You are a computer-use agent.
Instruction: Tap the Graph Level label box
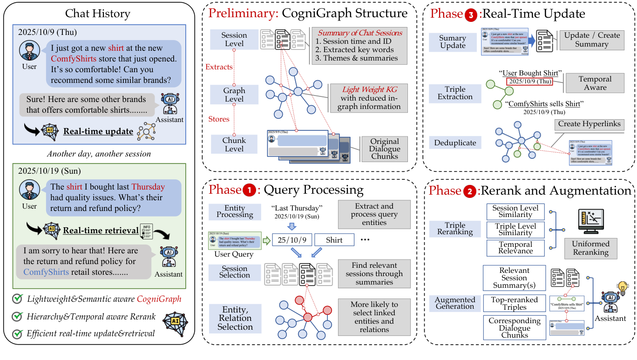tap(234, 95)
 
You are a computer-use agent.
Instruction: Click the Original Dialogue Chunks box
tap(385, 149)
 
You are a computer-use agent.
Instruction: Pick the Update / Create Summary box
tap(592, 40)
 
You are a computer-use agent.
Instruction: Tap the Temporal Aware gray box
tap(595, 83)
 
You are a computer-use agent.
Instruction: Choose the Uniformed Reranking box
tap(590, 248)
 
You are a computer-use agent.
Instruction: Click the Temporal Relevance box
tap(515, 248)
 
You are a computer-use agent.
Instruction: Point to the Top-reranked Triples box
tap(515, 304)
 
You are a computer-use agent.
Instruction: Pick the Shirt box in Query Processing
tap(334, 240)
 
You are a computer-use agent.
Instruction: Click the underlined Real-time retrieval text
tap(101, 230)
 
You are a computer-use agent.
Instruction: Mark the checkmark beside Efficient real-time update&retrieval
tap(18, 333)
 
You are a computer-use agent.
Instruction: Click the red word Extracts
tap(219, 67)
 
